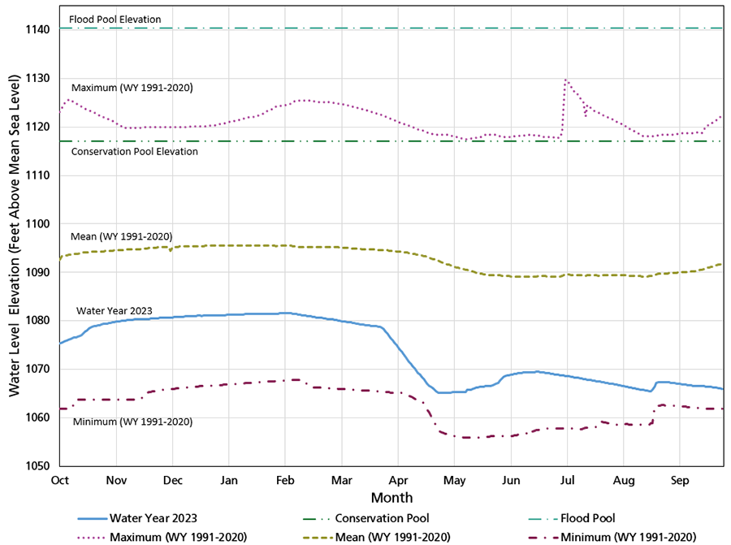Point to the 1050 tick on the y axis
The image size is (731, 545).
pyautogui.click(x=37, y=467)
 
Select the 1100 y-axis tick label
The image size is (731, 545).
pyautogui.click(x=37, y=224)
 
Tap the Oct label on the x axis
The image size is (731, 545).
pyautogui.click(x=60, y=480)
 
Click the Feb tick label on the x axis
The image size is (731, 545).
pyautogui.click(x=286, y=480)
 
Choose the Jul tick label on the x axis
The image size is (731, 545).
pyautogui.click(x=567, y=480)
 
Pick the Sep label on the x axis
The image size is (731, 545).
pyautogui.click(x=680, y=480)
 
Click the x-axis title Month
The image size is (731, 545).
pyautogui.click(x=391, y=497)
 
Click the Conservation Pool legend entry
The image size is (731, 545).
pyautogui.click(x=382, y=517)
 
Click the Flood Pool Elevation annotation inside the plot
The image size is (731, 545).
pyautogui.click(x=115, y=19)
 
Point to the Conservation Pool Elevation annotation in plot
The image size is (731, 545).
pyautogui.click(x=135, y=152)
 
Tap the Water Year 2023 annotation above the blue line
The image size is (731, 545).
pyautogui.click(x=115, y=310)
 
